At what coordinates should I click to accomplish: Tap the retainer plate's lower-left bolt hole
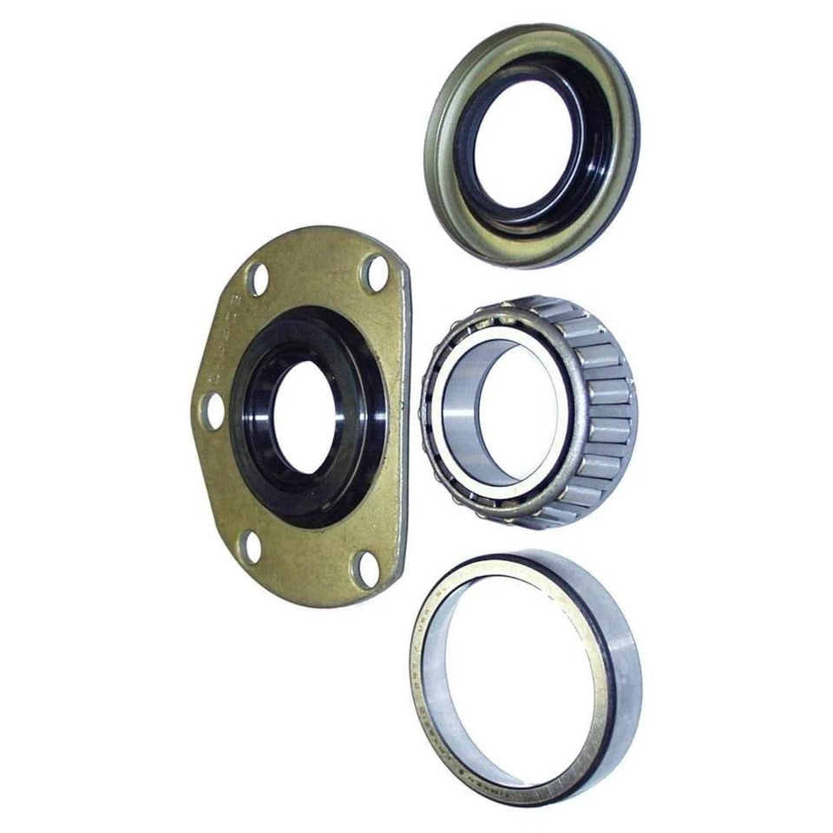[x=250, y=547]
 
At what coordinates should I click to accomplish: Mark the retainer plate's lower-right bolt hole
[x=364, y=568]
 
